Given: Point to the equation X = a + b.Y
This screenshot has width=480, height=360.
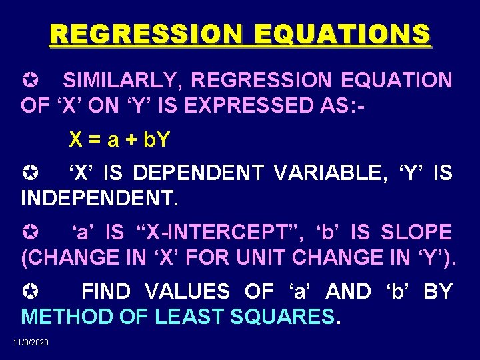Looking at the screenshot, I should pos(120,140).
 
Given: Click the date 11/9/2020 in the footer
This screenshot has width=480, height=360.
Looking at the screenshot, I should pos(31,342).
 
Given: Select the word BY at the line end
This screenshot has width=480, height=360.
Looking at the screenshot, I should pos(438,291).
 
